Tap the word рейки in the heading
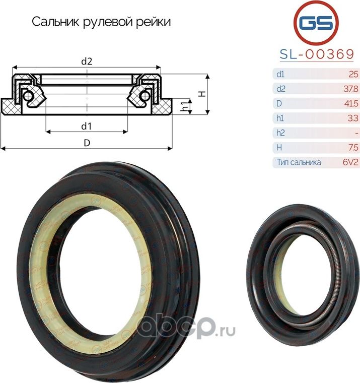157,22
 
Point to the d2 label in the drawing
86,62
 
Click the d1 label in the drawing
86,125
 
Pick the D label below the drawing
87,143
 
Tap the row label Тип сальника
299,162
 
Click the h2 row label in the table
280,133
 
